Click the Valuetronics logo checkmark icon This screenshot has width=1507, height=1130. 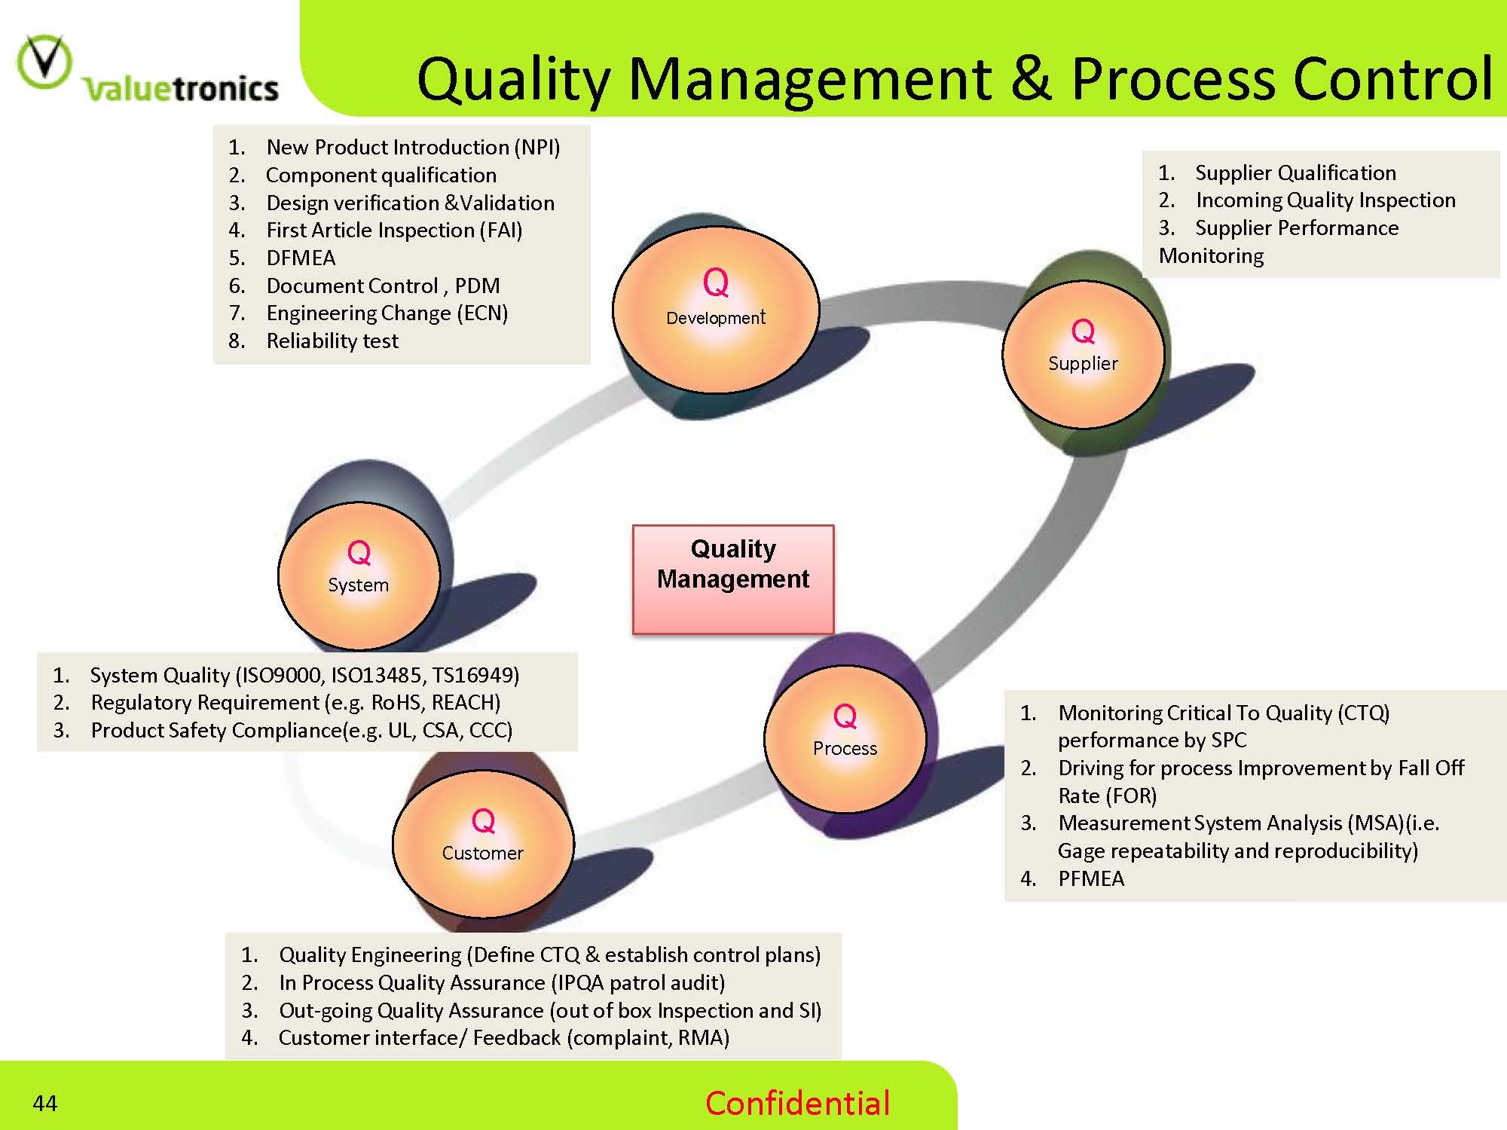44,62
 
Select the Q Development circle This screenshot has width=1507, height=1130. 715,309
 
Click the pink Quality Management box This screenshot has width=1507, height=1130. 732,579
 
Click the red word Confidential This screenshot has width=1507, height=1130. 797,1104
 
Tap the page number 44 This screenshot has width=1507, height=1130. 45,1104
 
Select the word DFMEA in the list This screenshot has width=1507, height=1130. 301,258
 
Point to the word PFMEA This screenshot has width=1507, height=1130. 1090,879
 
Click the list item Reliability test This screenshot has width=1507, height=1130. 332,341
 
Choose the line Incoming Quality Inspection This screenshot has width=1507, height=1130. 1325,200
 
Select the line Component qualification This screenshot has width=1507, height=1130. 381,176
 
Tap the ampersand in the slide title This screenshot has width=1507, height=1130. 1031,79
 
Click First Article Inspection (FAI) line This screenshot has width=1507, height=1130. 394,231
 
